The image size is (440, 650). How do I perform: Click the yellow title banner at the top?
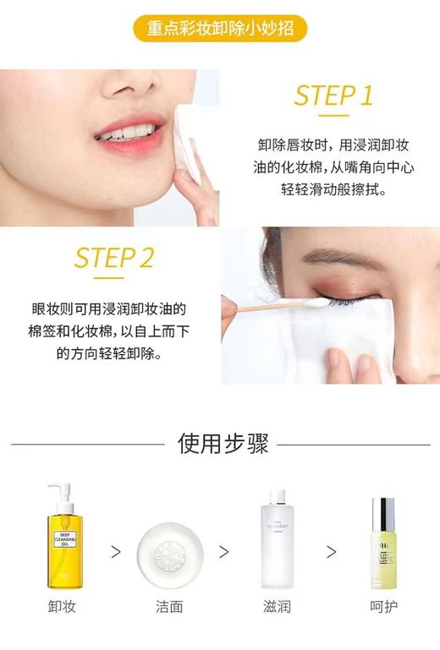pyautogui.click(x=220, y=29)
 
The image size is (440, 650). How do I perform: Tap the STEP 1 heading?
pyautogui.click(x=333, y=96)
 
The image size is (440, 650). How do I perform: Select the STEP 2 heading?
pyautogui.click(x=113, y=258)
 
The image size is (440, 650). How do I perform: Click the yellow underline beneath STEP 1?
pyautogui.click(x=334, y=115)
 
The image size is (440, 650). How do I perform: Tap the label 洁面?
pyautogui.click(x=169, y=606)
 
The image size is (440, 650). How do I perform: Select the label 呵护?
pyautogui.click(x=383, y=606)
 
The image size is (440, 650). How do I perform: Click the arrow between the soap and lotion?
pyautogui.click(x=224, y=552)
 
